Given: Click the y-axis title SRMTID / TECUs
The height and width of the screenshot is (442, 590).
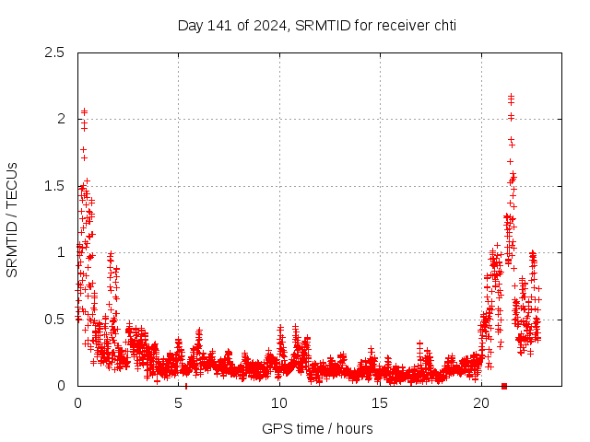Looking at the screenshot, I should click(x=13, y=219).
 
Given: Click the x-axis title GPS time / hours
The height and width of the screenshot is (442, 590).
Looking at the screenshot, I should click(x=316, y=428).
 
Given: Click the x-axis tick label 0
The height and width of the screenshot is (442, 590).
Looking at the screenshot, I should click(x=77, y=403).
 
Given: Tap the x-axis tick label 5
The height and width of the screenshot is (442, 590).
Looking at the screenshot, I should click(x=178, y=403).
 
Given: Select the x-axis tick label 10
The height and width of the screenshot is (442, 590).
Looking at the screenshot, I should click(x=279, y=403).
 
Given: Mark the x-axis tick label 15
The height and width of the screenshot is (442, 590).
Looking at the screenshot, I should click(x=380, y=403).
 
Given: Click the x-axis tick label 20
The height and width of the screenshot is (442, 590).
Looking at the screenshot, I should click(x=481, y=403).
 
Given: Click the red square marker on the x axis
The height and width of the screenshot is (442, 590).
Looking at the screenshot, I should click(x=503, y=386).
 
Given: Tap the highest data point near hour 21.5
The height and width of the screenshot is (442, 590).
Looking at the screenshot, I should click(x=511, y=95).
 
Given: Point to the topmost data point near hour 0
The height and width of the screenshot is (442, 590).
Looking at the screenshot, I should click(x=84, y=111).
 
